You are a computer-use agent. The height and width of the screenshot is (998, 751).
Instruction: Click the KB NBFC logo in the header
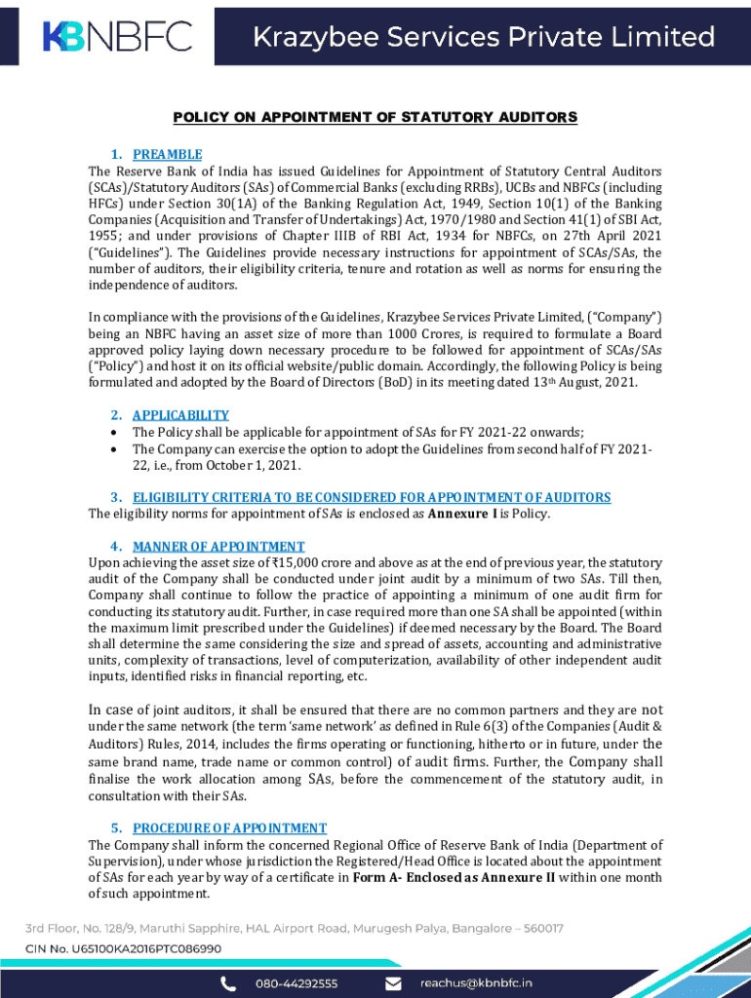click(117, 36)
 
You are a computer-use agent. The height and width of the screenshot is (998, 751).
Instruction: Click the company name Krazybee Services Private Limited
click(484, 37)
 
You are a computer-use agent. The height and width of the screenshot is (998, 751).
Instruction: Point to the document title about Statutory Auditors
click(375, 118)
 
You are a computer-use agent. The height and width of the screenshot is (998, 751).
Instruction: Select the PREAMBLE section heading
click(167, 155)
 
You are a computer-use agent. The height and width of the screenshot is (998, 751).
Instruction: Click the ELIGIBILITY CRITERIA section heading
click(372, 497)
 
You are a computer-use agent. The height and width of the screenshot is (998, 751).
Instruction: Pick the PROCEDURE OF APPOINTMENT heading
click(230, 828)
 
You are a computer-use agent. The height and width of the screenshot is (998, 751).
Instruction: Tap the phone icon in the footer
click(228, 983)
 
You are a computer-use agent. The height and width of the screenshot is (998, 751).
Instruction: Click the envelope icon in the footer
click(393, 983)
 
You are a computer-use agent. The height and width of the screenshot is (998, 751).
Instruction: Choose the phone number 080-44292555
click(297, 983)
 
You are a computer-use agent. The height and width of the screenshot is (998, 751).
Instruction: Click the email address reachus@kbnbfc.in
click(476, 983)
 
